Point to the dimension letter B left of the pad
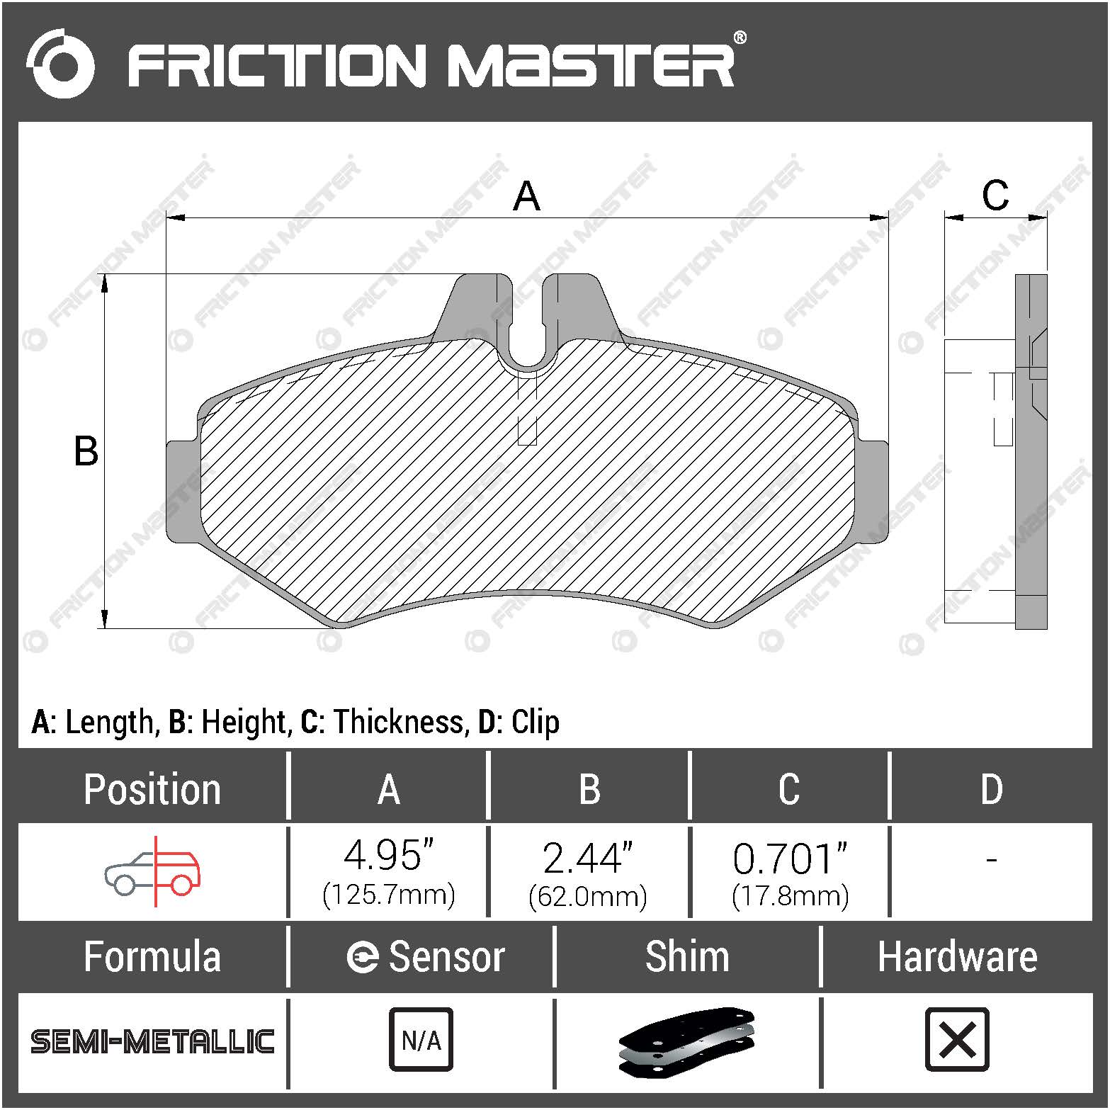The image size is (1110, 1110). coord(86,451)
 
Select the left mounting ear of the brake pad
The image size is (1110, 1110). coord(182,492)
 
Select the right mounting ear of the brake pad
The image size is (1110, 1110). coord(872,492)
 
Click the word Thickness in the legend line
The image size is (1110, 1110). coord(399,722)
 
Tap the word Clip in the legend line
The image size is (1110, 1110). coord(535,723)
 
